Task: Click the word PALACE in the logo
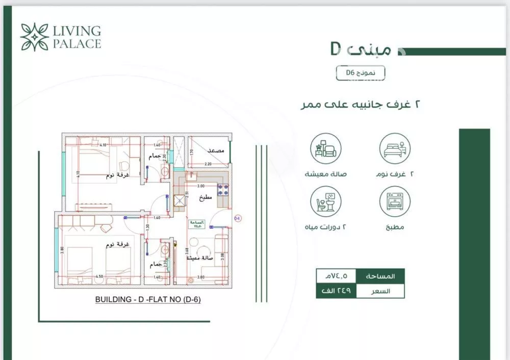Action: pyautogui.click(x=77, y=44)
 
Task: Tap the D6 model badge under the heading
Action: pyautogui.click(x=361, y=73)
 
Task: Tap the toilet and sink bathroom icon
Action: pyautogui.click(x=326, y=201)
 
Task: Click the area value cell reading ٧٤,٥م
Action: pyautogui.click(x=335, y=276)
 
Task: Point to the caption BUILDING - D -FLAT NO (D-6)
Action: pyautogui.click(x=148, y=300)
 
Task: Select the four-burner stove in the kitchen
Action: pyautogui.click(x=223, y=191)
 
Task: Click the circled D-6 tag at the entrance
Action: pyautogui.click(x=237, y=219)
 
